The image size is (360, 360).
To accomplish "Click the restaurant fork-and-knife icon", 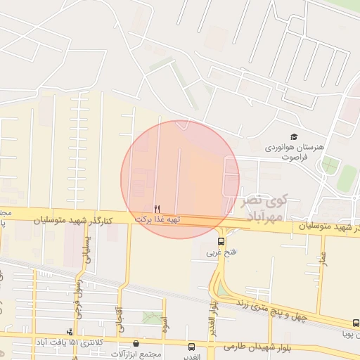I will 157,209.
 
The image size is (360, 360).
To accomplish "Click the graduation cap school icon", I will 293,136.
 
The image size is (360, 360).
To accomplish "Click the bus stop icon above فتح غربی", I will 221,241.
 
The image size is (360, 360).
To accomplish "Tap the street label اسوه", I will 164,324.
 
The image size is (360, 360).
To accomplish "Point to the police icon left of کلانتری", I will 69,331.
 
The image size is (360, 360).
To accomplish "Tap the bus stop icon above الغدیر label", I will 191,346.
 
